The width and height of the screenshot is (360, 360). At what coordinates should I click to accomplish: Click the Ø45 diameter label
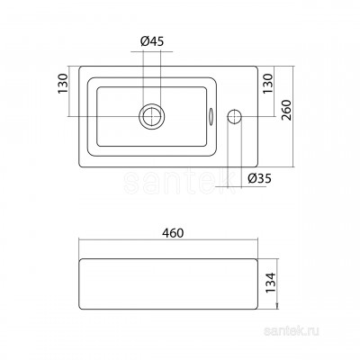pyautogui.click(x=152, y=41)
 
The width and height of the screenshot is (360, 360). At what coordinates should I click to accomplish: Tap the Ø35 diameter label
pyautogui.click(x=260, y=179)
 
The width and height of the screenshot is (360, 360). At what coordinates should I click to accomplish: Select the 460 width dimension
pyautogui.click(x=174, y=233)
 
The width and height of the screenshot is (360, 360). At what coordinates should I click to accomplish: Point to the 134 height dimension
pyautogui.click(x=270, y=283)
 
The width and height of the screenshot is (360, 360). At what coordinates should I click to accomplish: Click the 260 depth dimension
pyautogui.click(x=287, y=110)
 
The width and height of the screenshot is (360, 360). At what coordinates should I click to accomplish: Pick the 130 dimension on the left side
pyautogui.click(x=63, y=84)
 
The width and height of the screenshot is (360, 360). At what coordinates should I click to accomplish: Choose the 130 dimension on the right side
pyautogui.click(x=268, y=84)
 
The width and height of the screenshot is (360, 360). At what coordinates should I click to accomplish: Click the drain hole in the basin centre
pyautogui.click(x=152, y=116)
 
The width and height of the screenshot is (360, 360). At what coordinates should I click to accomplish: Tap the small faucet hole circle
pyautogui.click(x=235, y=116)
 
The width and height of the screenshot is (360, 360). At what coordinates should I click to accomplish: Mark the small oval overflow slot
pyautogui.click(x=211, y=116)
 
